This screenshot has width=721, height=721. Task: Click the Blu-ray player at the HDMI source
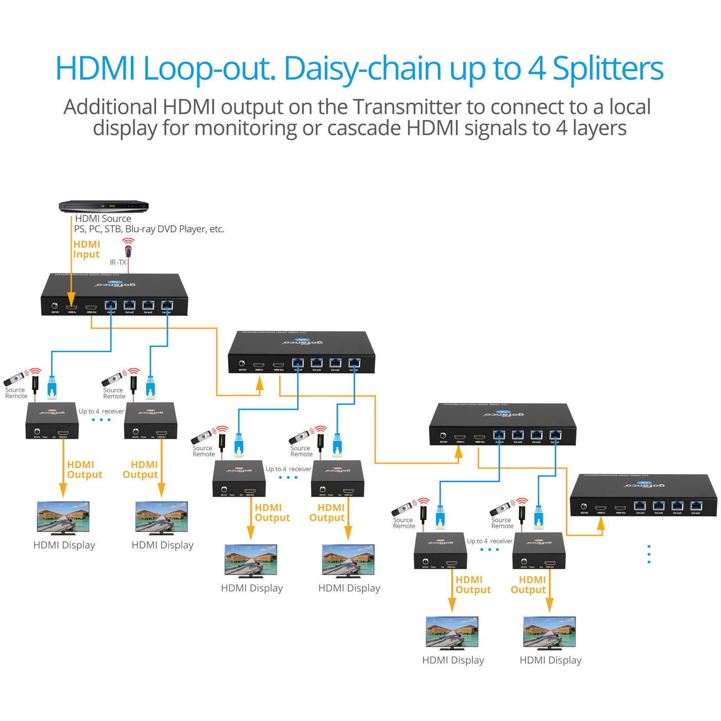click(104, 206)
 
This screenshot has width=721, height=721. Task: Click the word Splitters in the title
click(608, 68)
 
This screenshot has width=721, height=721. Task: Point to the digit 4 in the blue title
click(537, 68)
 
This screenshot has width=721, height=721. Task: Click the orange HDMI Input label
click(87, 249)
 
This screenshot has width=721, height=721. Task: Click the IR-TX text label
click(117, 262)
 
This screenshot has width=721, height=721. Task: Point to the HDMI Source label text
click(103, 218)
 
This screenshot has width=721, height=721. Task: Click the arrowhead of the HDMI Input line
click(72, 298)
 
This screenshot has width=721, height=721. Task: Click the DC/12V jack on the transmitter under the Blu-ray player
click(55, 306)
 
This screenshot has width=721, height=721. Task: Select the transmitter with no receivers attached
click(643, 495)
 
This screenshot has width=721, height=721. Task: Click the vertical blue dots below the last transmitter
click(649, 554)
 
